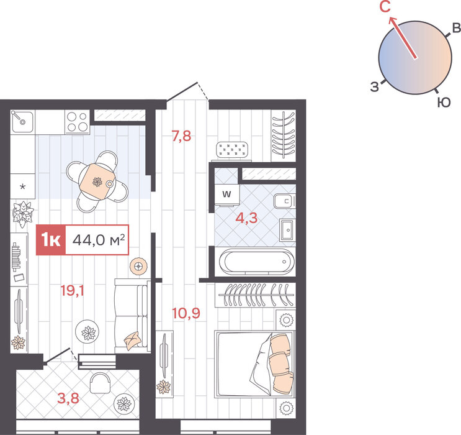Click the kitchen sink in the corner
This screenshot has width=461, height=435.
click(x=22, y=122)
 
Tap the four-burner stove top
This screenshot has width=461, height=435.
click(x=77, y=122)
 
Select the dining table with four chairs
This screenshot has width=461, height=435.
click(x=97, y=181)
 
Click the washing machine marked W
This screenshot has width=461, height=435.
click(x=226, y=195)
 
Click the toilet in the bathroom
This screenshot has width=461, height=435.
click(x=284, y=201)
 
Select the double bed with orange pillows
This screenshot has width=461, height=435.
click(x=254, y=364)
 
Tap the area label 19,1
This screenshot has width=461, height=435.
click(x=73, y=291)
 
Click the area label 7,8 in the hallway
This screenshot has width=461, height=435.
click(x=181, y=136)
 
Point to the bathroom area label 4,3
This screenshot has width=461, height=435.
click(x=246, y=218)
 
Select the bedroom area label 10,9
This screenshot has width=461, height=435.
click(x=186, y=313)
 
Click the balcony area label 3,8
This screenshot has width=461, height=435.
click(x=68, y=398)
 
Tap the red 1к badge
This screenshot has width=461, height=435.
click(x=51, y=240)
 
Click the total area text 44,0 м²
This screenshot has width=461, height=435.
click(x=99, y=240)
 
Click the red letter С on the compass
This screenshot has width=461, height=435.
click(x=385, y=7)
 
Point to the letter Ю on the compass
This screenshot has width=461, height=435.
click(x=444, y=103)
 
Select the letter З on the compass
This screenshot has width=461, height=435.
click(x=375, y=87)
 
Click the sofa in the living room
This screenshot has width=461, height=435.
click(x=132, y=316)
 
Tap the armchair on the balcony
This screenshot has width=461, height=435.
click(x=100, y=383)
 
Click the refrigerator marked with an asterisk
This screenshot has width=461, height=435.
click(x=22, y=186)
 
